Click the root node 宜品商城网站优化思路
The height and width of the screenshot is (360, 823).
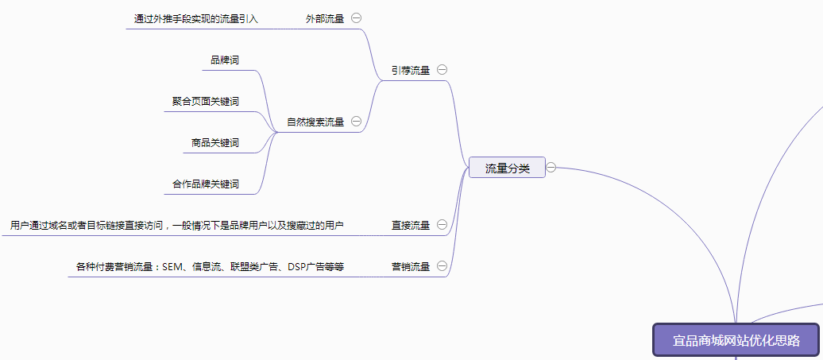coord(736,340)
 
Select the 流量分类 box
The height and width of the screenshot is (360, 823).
coord(507,168)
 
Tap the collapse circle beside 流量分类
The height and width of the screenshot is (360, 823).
coord(551,168)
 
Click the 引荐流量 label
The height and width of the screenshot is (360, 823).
coord(410,71)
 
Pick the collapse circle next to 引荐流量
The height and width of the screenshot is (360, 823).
coord(442,70)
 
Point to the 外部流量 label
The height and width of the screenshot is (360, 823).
coord(325,18)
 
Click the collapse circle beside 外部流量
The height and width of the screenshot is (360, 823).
coord(356,17)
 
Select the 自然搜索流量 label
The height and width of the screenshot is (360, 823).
coord(315,122)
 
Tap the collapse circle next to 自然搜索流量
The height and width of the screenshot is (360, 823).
coord(356,122)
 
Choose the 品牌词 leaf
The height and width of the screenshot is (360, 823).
coord(224,60)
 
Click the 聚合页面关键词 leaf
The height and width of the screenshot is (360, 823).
coord(205,102)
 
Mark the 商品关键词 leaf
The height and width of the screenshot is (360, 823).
coord(214,144)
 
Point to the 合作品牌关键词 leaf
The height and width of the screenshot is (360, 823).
coord(205,184)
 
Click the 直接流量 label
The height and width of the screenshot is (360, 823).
coord(410,226)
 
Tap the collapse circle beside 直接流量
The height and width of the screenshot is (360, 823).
coord(442,225)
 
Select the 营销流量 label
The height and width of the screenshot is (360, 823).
coord(410,267)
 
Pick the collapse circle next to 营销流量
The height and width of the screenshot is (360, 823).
coord(442,266)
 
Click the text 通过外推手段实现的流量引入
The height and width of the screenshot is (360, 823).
coord(195,18)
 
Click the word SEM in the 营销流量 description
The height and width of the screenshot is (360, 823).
coord(172,267)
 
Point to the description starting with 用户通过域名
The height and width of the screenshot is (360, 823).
coord(176,226)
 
